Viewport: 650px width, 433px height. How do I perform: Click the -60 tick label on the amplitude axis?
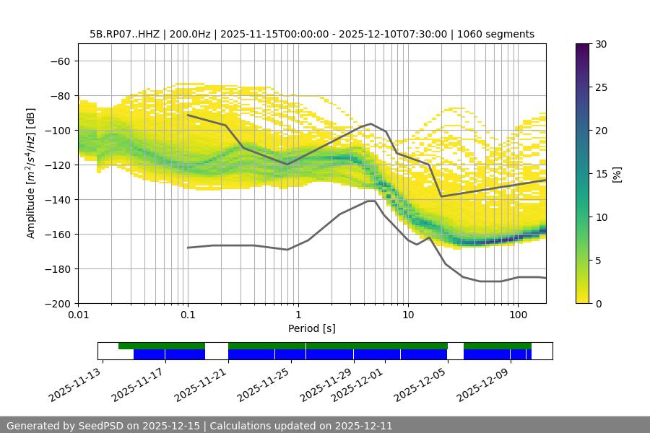60,61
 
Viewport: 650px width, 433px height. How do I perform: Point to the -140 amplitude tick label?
57,199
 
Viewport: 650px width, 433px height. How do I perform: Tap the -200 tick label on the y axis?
57,303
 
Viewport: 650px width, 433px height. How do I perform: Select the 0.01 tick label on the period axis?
78,316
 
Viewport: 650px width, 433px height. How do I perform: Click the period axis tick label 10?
407,316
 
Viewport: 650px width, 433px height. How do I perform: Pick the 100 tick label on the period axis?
517,316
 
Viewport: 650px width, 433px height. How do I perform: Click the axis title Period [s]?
312,329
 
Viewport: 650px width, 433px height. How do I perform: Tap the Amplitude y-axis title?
30,173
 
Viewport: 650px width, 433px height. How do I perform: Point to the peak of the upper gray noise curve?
371,123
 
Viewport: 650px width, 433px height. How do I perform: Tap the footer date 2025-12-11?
365,426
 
